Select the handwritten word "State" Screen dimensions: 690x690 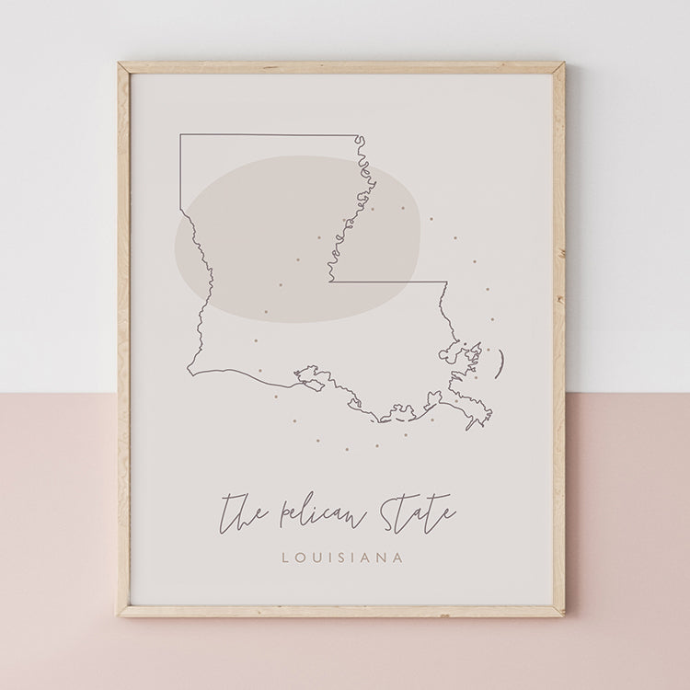click(x=409, y=511)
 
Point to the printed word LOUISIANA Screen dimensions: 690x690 click(x=345, y=557)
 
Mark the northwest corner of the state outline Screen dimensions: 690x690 click(x=180, y=136)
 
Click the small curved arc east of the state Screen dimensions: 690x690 click(x=500, y=362)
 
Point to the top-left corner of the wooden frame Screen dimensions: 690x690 click(x=121, y=64)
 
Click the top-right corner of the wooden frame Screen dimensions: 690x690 click(x=563, y=64)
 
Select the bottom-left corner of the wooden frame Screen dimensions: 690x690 click(x=119, y=614)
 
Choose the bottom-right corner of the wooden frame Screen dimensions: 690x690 click(x=564, y=614)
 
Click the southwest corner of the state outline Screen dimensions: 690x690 click(x=189, y=374)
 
